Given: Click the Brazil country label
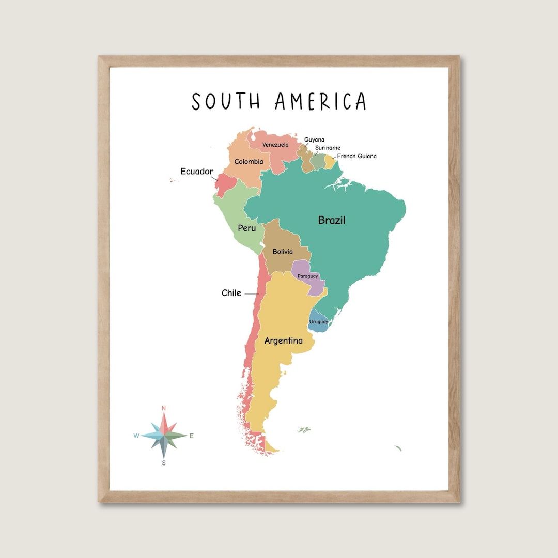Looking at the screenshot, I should click(x=331, y=221).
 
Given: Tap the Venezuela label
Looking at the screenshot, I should click(x=275, y=145).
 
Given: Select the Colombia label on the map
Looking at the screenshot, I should click(x=249, y=162).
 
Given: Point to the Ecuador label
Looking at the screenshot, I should click(x=196, y=172).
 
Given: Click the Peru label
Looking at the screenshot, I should click(x=246, y=228).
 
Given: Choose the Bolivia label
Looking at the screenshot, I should click(x=283, y=252).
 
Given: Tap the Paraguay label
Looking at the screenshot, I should click(x=307, y=276).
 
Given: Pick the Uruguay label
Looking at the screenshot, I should click(x=318, y=322).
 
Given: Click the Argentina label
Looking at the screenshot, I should click(x=283, y=341).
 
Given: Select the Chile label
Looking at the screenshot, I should click(x=231, y=293).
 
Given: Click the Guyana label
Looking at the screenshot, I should click(x=314, y=139).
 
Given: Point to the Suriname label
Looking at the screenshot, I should click(x=328, y=148).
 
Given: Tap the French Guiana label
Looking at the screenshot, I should click(x=357, y=156).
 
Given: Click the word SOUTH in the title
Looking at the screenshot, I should click(x=226, y=102).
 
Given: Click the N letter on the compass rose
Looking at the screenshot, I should click(x=164, y=408).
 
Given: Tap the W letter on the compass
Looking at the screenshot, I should click(x=136, y=436).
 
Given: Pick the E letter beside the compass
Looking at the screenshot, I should click(x=191, y=436).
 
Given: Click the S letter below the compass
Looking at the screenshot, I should click(x=164, y=463).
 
